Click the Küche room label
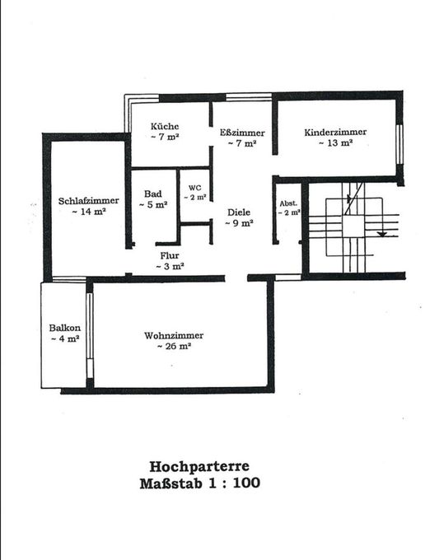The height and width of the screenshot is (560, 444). pos(165,126)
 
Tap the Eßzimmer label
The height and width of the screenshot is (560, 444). pos(241,132)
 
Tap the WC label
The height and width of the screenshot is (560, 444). pos(194,188)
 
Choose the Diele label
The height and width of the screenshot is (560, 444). pos(240,211)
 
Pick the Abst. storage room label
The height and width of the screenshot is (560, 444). pos(287,203)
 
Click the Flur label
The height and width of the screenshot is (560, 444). pos(170,256)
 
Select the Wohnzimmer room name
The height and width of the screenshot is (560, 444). pos(173,336)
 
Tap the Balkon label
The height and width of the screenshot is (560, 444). pos(63,328)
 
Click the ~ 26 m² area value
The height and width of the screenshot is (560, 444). pos(174,347)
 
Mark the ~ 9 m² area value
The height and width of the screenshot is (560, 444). pos(240,222)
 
